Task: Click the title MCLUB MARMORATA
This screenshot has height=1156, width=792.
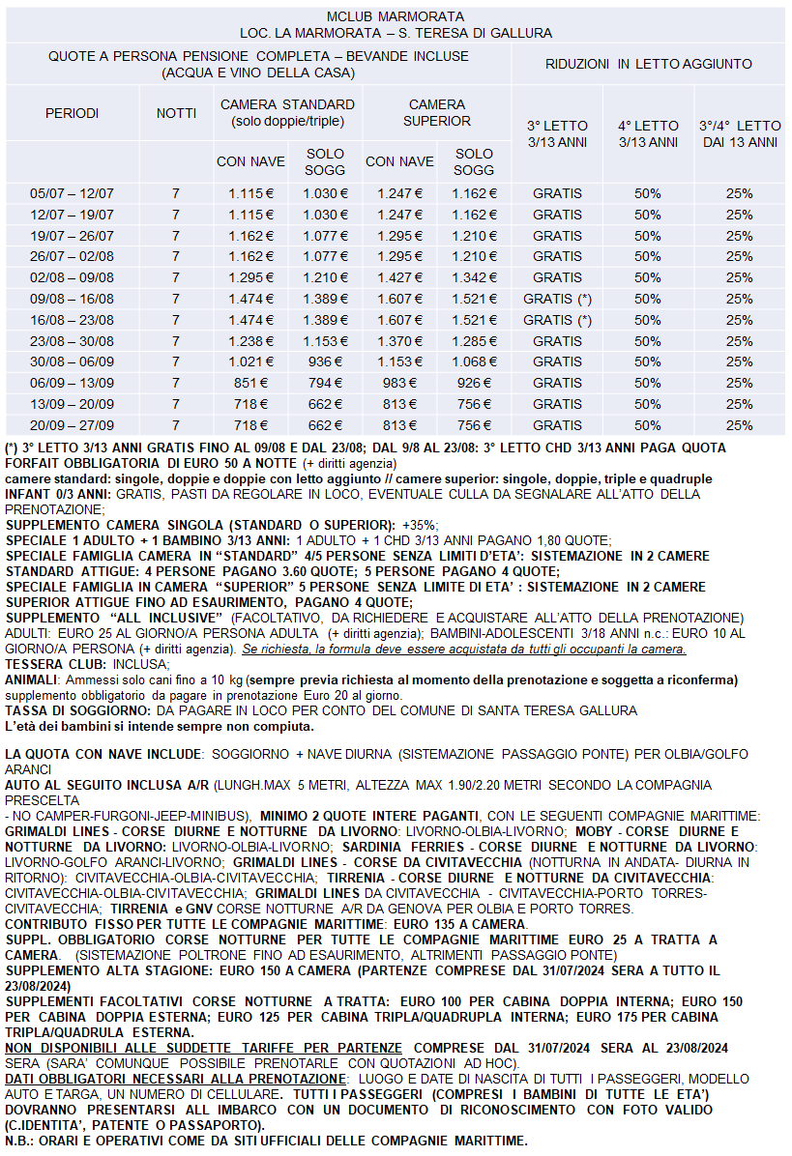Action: (x=395, y=17)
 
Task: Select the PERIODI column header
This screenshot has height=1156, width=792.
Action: (x=72, y=113)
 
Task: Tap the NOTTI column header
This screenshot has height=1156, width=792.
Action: (x=176, y=113)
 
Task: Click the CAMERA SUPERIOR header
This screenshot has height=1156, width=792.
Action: (x=437, y=113)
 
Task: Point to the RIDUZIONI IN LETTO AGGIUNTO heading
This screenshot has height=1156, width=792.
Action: (x=648, y=64)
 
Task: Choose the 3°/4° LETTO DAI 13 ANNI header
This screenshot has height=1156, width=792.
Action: (x=739, y=133)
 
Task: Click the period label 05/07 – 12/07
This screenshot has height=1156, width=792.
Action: (x=72, y=193)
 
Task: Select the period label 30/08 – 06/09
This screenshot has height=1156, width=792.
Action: (x=72, y=361)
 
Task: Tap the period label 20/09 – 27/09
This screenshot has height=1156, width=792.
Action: (x=72, y=424)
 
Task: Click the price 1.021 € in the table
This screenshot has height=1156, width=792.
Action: (x=249, y=361)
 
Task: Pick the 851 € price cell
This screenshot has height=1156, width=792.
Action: (x=249, y=383)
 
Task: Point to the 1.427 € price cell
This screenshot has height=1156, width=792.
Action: (x=399, y=277)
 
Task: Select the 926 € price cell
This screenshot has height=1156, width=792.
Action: (x=474, y=383)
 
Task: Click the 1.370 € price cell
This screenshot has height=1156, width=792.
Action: (x=399, y=340)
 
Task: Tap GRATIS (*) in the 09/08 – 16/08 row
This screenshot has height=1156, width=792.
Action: (x=557, y=299)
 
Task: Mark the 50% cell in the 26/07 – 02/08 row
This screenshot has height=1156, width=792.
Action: (x=648, y=256)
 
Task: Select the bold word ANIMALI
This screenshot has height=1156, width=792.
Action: (x=32, y=680)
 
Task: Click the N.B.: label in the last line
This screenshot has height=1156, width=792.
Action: (x=20, y=1139)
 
